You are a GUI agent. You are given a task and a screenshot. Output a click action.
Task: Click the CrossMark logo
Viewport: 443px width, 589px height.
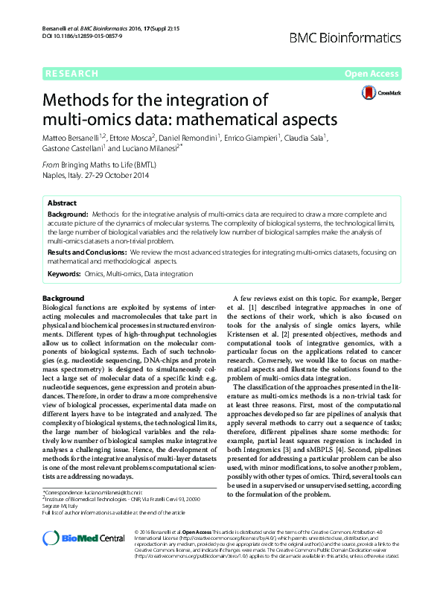[x=380, y=93]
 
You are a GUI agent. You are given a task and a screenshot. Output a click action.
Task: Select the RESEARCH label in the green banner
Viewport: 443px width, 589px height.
[x=71, y=73]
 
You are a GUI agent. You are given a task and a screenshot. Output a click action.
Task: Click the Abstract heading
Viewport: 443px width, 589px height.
[x=62, y=203]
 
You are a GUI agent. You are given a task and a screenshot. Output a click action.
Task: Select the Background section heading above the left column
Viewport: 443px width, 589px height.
[x=63, y=299]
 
